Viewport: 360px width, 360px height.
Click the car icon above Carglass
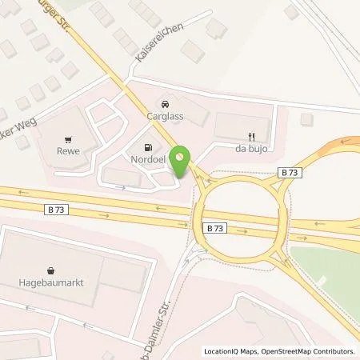163,104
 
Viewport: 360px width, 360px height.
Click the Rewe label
66,147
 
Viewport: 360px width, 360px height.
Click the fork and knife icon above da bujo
250,136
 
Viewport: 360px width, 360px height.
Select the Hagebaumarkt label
50,282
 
